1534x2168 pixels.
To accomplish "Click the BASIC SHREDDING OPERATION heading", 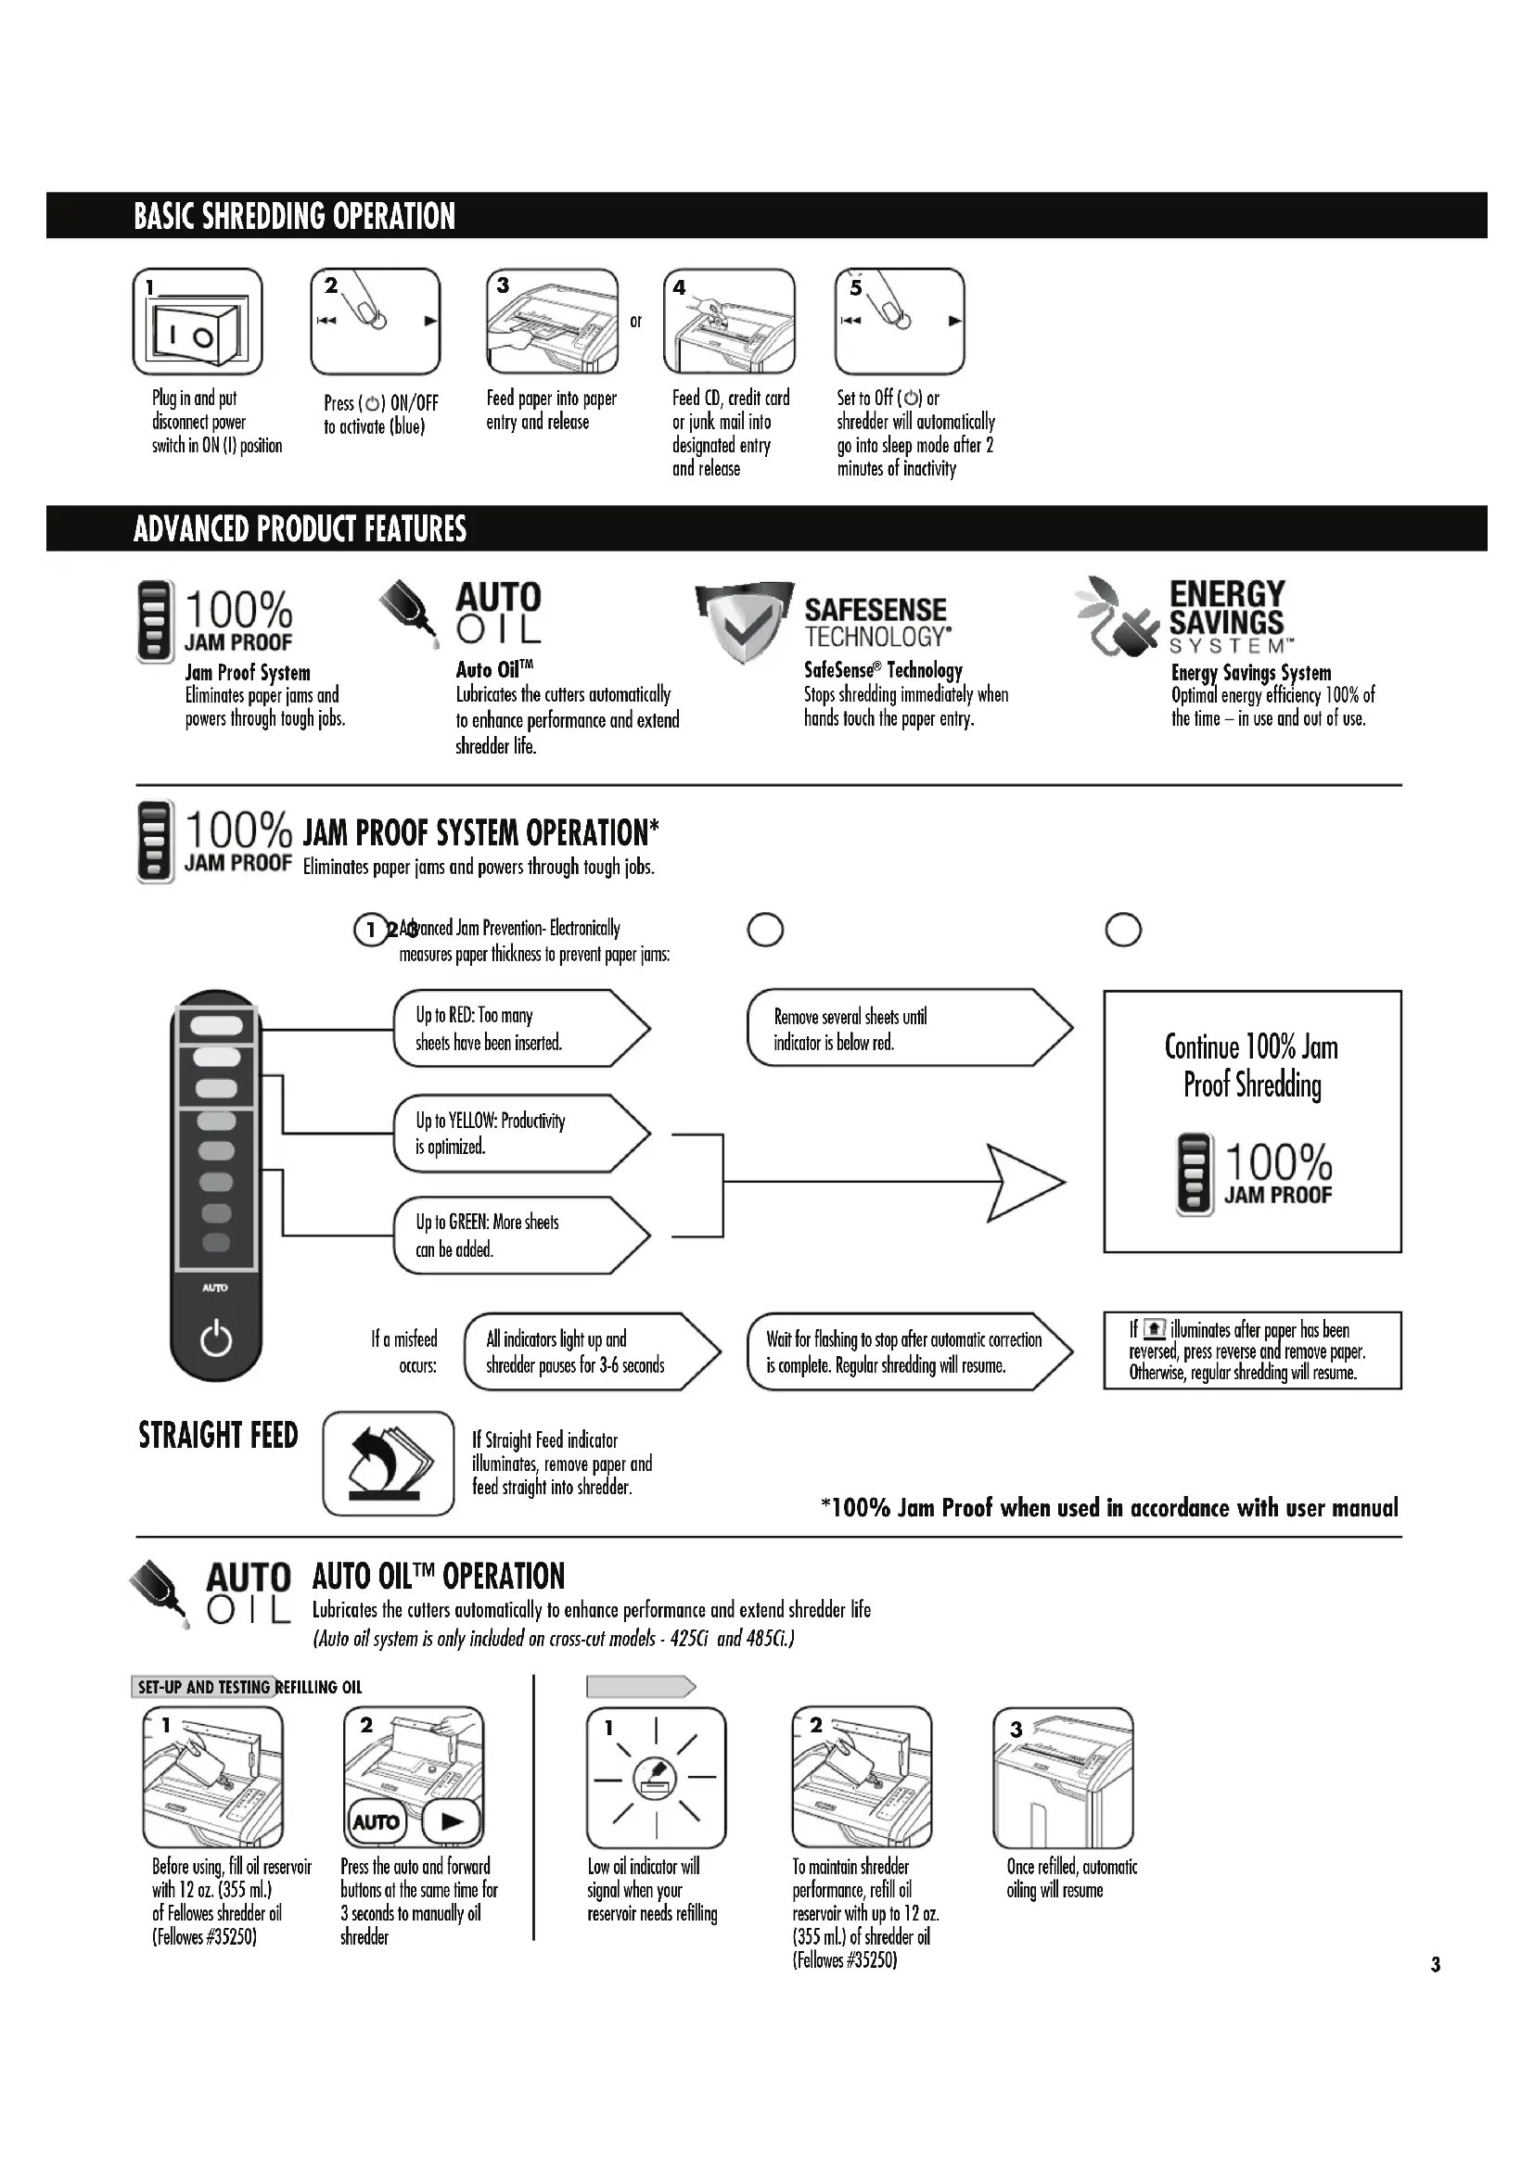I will (294, 216).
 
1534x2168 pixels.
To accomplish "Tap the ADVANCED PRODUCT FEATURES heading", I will (300, 528).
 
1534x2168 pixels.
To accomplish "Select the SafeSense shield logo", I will (744, 621).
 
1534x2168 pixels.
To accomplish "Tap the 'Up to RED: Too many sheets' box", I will (519, 1028).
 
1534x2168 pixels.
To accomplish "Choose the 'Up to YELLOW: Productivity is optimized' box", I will (519, 1133).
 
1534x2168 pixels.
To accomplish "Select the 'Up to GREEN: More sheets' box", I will (519, 1235).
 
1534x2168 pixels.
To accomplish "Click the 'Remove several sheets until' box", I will (907, 1028).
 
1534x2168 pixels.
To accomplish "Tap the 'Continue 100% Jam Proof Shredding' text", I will (1251, 1065).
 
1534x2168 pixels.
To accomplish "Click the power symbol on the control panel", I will (215, 1339).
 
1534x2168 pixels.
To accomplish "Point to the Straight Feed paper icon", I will (389, 1463).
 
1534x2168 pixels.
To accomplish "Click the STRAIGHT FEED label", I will (218, 1435).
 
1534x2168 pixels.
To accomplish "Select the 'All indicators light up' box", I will (591, 1351).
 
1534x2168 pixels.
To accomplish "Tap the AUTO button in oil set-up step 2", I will (376, 1821).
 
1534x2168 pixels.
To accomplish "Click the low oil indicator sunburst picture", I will (656, 1776).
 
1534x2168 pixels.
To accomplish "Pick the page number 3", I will (1435, 1965).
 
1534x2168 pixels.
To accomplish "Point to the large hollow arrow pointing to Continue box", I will (1025, 1181).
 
